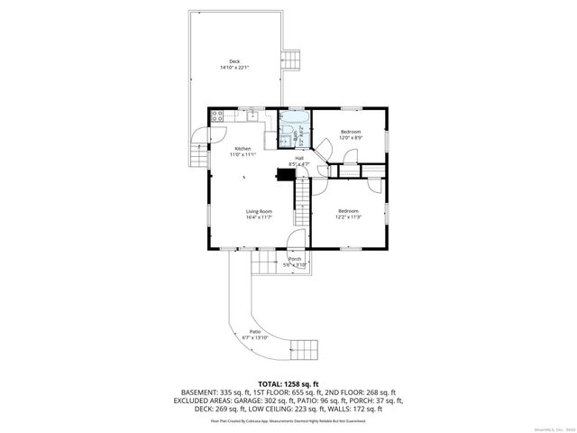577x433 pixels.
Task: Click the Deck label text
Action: click(x=235, y=61)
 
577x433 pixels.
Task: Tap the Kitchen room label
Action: click(x=243, y=149)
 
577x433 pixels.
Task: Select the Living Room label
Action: click(x=260, y=211)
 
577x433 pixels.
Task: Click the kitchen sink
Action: click(x=252, y=115)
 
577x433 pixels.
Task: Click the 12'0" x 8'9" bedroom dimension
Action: click(x=351, y=138)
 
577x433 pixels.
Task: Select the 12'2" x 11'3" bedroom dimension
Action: click(x=349, y=216)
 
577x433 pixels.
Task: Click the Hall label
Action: click(x=298, y=159)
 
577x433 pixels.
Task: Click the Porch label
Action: click(x=295, y=259)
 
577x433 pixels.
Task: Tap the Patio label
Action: click(x=255, y=332)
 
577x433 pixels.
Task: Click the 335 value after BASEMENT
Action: click(x=232, y=392)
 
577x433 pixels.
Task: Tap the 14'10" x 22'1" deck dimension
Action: click(x=235, y=68)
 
